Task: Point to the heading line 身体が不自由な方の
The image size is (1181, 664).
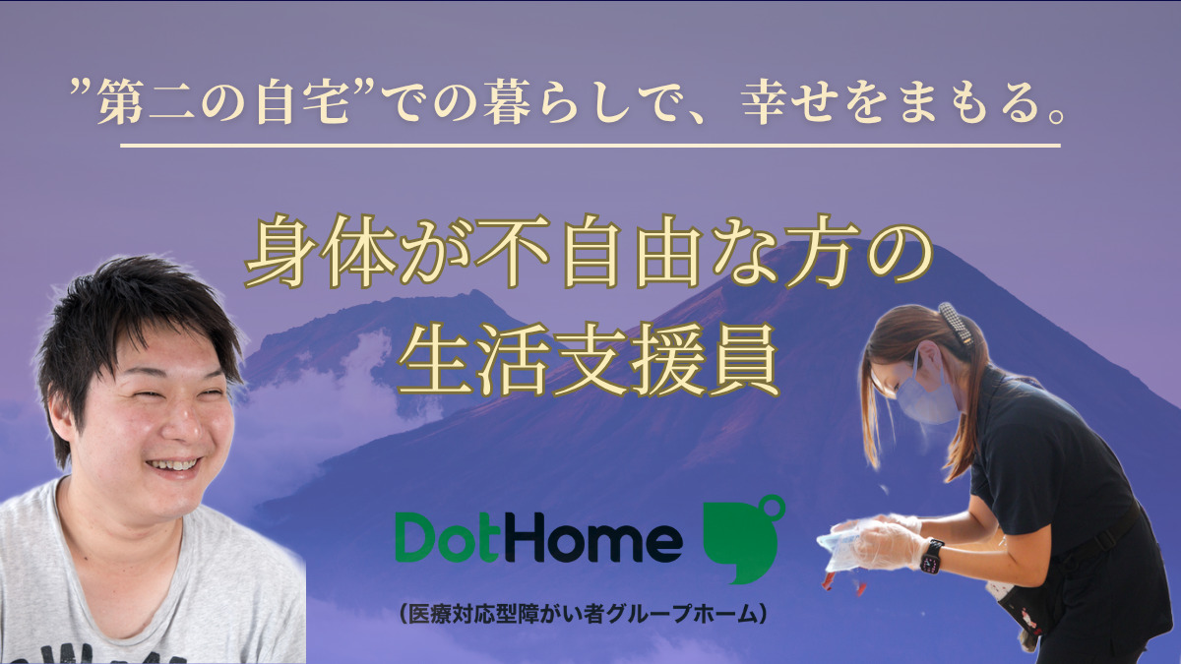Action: click(588, 258)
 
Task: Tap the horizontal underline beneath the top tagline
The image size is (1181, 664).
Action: click(590, 146)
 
